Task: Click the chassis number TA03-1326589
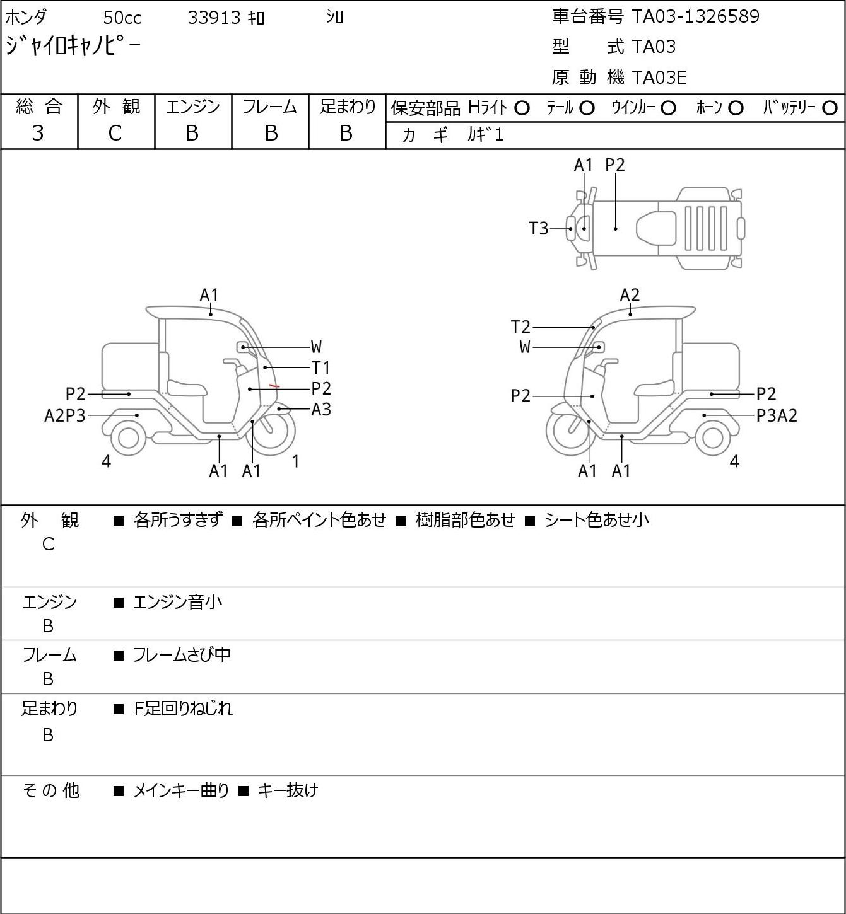[x=695, y=16]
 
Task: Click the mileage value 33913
[x=214, y=18]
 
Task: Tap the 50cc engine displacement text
[x=122, y=18]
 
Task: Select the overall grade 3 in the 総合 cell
[x=38, y=133]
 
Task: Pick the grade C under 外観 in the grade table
[x=115, y=133]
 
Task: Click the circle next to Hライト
[x=522, y=108]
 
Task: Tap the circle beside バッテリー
[x=830, y=108]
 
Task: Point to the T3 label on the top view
[x=539, y=228]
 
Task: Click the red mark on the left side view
[x=274, y=386]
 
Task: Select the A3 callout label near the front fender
[x=321, y=409]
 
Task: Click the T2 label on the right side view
[x=520, y=327]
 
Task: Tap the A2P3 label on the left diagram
[x=65, y=415]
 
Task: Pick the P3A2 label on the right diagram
[x=777, y=415]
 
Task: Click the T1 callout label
[x=321, y=367]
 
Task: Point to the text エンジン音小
[x=177, y=602]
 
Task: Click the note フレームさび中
[x=182, y=655]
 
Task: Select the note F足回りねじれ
[x=183, y=709]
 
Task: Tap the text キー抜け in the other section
[x=288, y=790]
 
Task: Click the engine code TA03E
[x=659, y=78]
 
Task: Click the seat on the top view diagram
[x=656, y=228]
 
